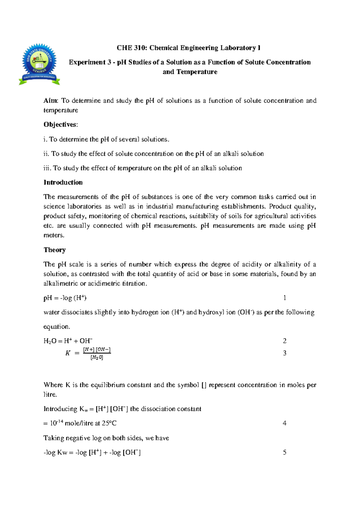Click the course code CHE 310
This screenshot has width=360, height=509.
[x=131, y=48]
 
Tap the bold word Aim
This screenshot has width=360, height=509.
[x=51, y=101]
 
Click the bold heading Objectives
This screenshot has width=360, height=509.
[x=60, y=125]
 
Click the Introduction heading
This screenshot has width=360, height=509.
[x=63, y=182]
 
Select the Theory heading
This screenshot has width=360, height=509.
[x=55, y=250]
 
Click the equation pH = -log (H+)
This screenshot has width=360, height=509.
[x=65, y=298]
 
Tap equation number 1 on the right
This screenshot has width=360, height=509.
[x=284, y=298]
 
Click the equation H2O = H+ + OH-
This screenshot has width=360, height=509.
[x=68, y=341]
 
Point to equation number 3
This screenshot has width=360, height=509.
[x=285, y=353]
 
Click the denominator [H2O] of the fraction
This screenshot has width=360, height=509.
[x=97, y=357]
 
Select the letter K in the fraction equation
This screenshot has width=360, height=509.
[x=68, y=353]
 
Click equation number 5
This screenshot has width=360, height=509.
[x=285, y=453]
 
